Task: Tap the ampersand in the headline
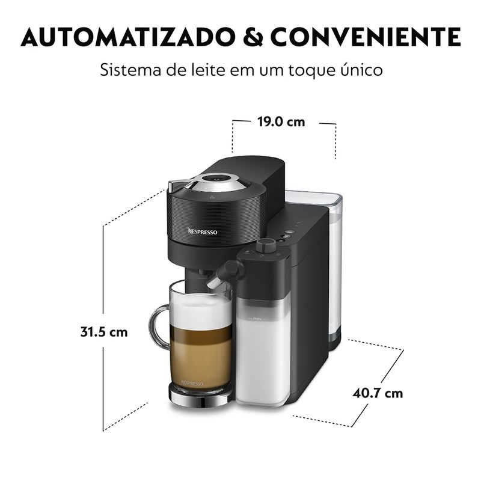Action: [x=253, y=37]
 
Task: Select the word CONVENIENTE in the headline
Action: [x=366, y=37]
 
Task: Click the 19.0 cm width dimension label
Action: [x=281, y=122]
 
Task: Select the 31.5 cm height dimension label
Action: [x=103, y=332]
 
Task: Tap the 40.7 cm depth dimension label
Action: [x=378, y=393]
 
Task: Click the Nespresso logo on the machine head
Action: [x=202, y=231]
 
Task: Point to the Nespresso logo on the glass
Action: [x=192, y=383]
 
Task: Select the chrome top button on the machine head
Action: [x=218, y=179]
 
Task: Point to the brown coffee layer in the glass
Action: [x=200, y=355]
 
